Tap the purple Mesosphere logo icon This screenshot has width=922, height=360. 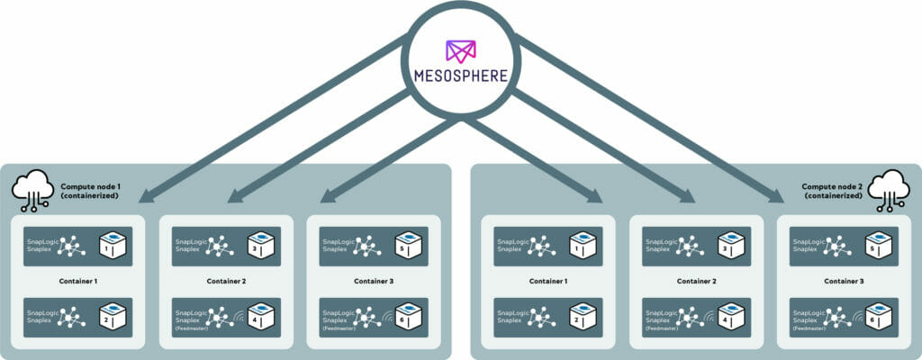tap(461, 49)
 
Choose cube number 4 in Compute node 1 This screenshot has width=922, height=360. tap(259, 316)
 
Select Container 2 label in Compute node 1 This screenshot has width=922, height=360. tap(226, 281)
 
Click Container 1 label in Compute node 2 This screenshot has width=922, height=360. tap(549, 281)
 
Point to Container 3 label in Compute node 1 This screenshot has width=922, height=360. tap(374, 281)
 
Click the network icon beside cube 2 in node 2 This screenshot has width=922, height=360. tap(541, 315)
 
